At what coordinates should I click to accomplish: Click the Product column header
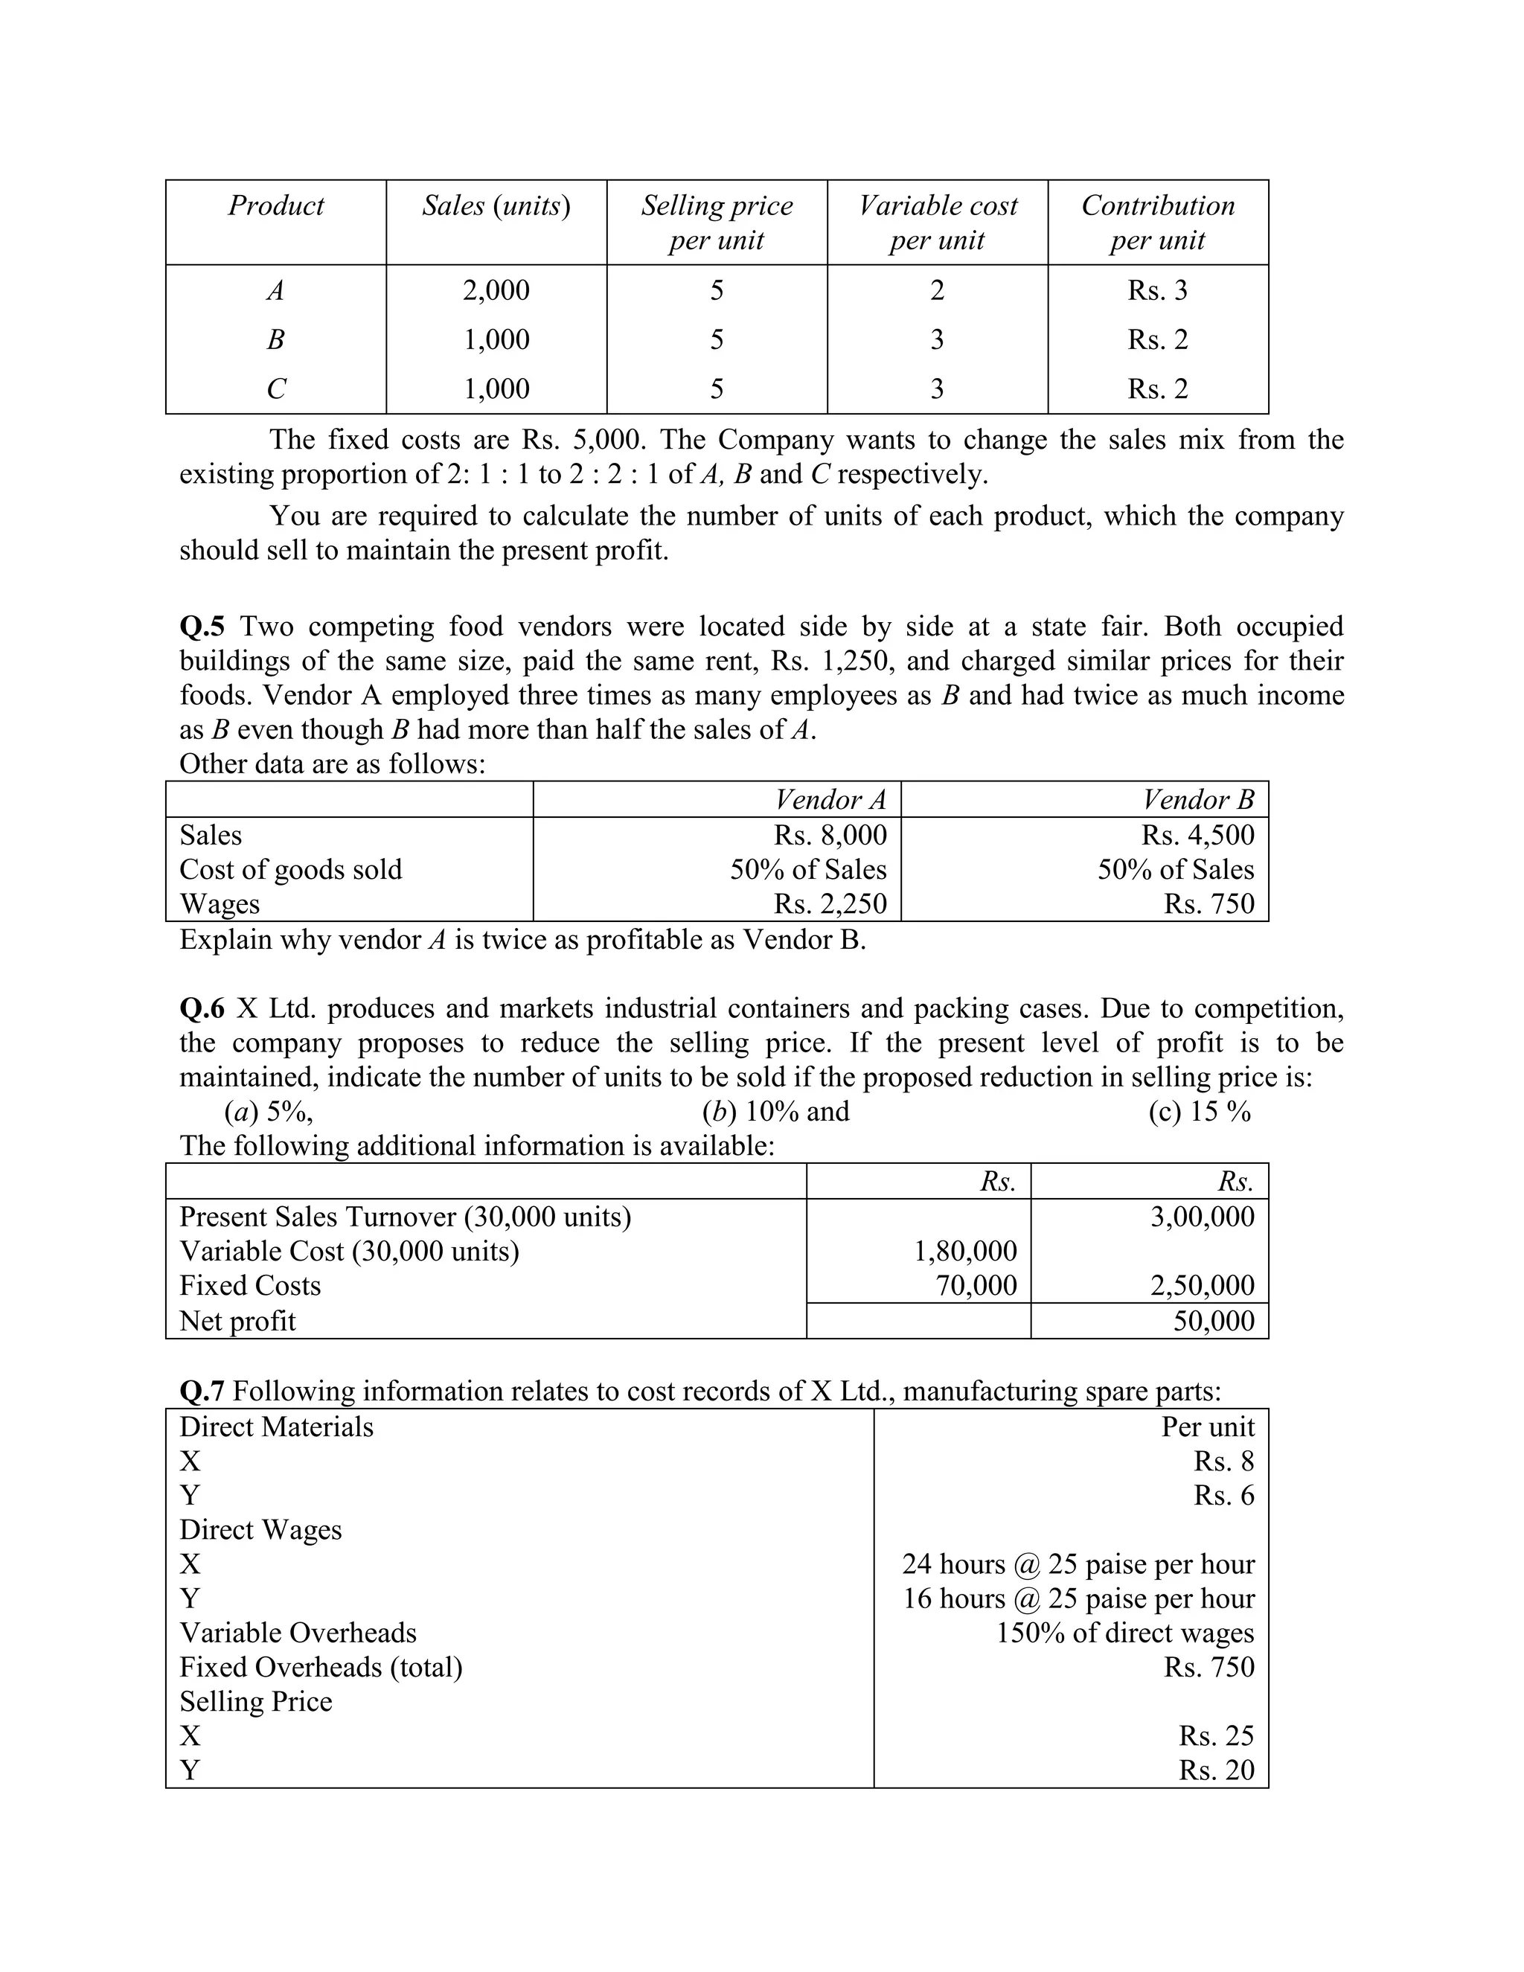[275, 206]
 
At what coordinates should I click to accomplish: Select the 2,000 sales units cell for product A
[496, 291]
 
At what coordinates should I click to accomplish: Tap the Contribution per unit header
[1157, 222]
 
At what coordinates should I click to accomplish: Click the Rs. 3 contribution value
[1157, 291]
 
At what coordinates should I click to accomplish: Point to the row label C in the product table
[275, 389]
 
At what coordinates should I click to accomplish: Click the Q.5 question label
[202, 627]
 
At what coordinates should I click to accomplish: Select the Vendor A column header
[830, 800]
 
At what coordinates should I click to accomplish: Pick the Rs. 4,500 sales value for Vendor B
[1197, 835]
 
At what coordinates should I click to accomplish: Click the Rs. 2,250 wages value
[830, 904]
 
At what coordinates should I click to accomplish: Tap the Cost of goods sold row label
[291, 869]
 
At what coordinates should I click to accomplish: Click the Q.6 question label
[202, 1008]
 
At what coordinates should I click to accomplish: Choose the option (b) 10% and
[775, 1112]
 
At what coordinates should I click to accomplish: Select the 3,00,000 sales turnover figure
[1202, 1217]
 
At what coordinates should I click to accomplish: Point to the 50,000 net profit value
[1214, 1321]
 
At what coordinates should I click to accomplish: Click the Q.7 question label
[202, 1392]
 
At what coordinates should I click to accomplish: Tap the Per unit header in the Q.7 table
[1207, 1427]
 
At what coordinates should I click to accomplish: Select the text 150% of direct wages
[1125, 1633]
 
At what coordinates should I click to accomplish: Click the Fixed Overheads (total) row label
[321, 1667]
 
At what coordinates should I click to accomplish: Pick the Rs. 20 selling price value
[1216, 1770]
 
